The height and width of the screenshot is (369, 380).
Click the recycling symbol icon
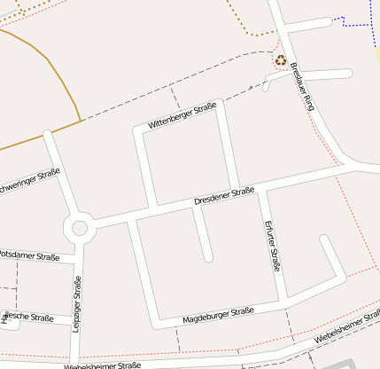(281, 60)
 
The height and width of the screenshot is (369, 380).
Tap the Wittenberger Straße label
(182, 117)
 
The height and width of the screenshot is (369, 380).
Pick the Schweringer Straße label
(29, 182)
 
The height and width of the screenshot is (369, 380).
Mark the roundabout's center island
(80, 227)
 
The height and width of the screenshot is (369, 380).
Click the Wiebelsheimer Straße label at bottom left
(102, 365)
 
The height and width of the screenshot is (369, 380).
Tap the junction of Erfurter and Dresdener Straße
(261, 190)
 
